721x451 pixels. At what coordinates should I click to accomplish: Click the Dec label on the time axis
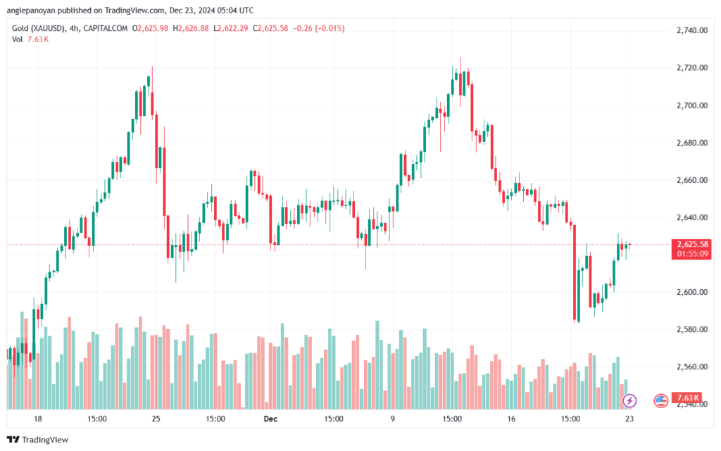point(270,419)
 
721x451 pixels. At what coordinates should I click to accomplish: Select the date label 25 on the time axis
point(156,419)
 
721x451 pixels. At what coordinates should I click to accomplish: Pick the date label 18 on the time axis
point(37,419)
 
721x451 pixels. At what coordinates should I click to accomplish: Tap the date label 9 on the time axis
point(392,419)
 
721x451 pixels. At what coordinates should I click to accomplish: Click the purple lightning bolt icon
point(630,400)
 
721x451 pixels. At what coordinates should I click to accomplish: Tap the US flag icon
point(660,400)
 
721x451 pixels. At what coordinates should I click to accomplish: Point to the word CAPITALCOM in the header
point(111,28)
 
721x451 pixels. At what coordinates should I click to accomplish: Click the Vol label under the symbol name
point(18,39)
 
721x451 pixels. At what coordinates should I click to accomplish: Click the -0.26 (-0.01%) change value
point(324,28)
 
